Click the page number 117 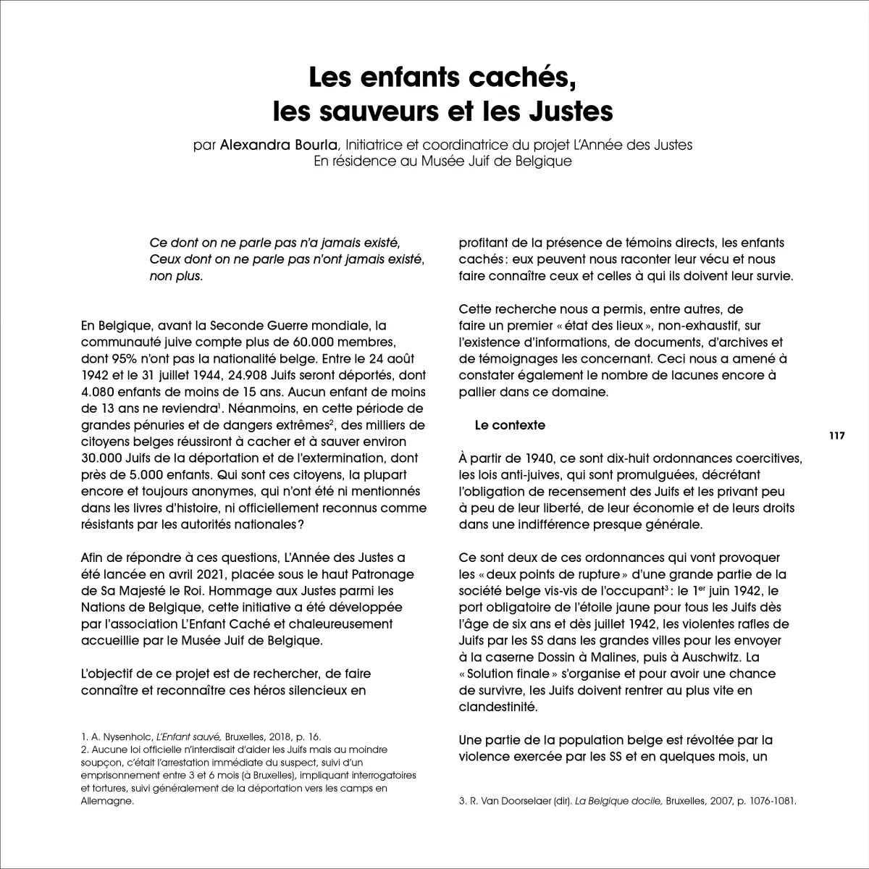click(x=837, y=436)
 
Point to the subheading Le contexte click(x=510, y=426)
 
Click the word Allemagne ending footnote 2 click(x=107, y=802)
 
